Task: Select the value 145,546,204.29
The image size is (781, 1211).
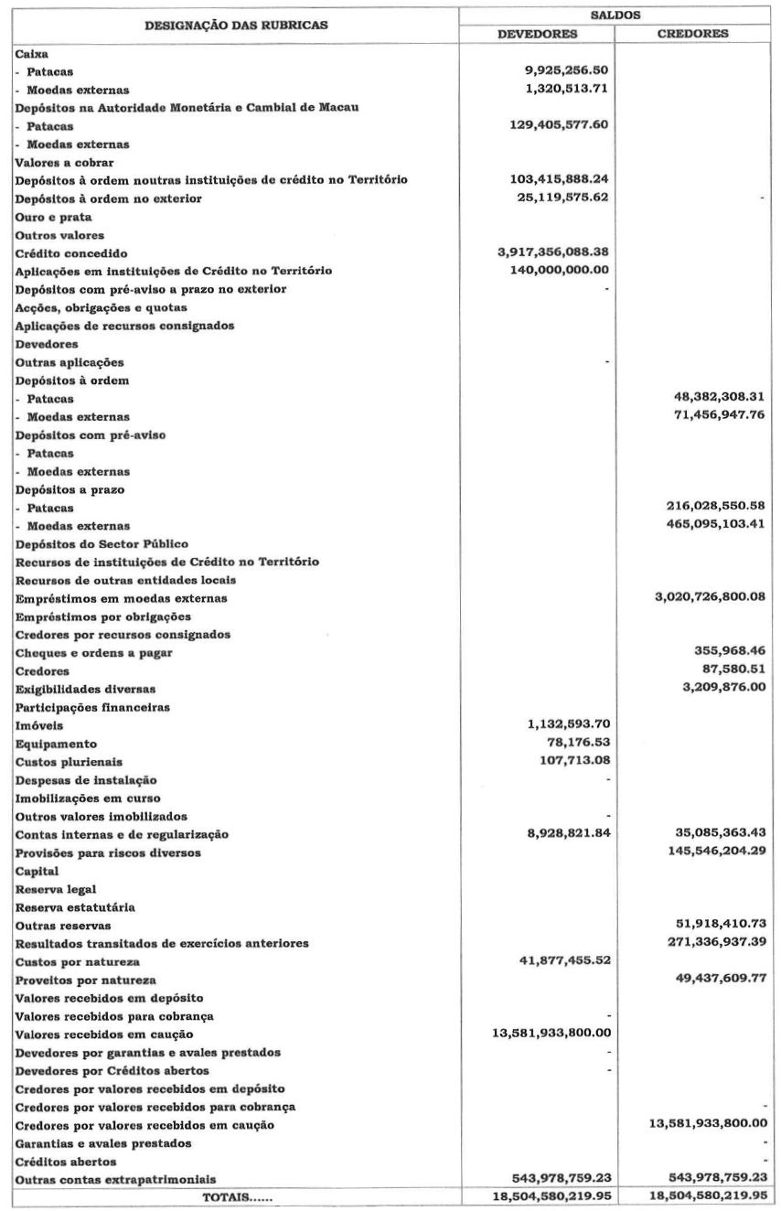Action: click(x=708, y=852)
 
